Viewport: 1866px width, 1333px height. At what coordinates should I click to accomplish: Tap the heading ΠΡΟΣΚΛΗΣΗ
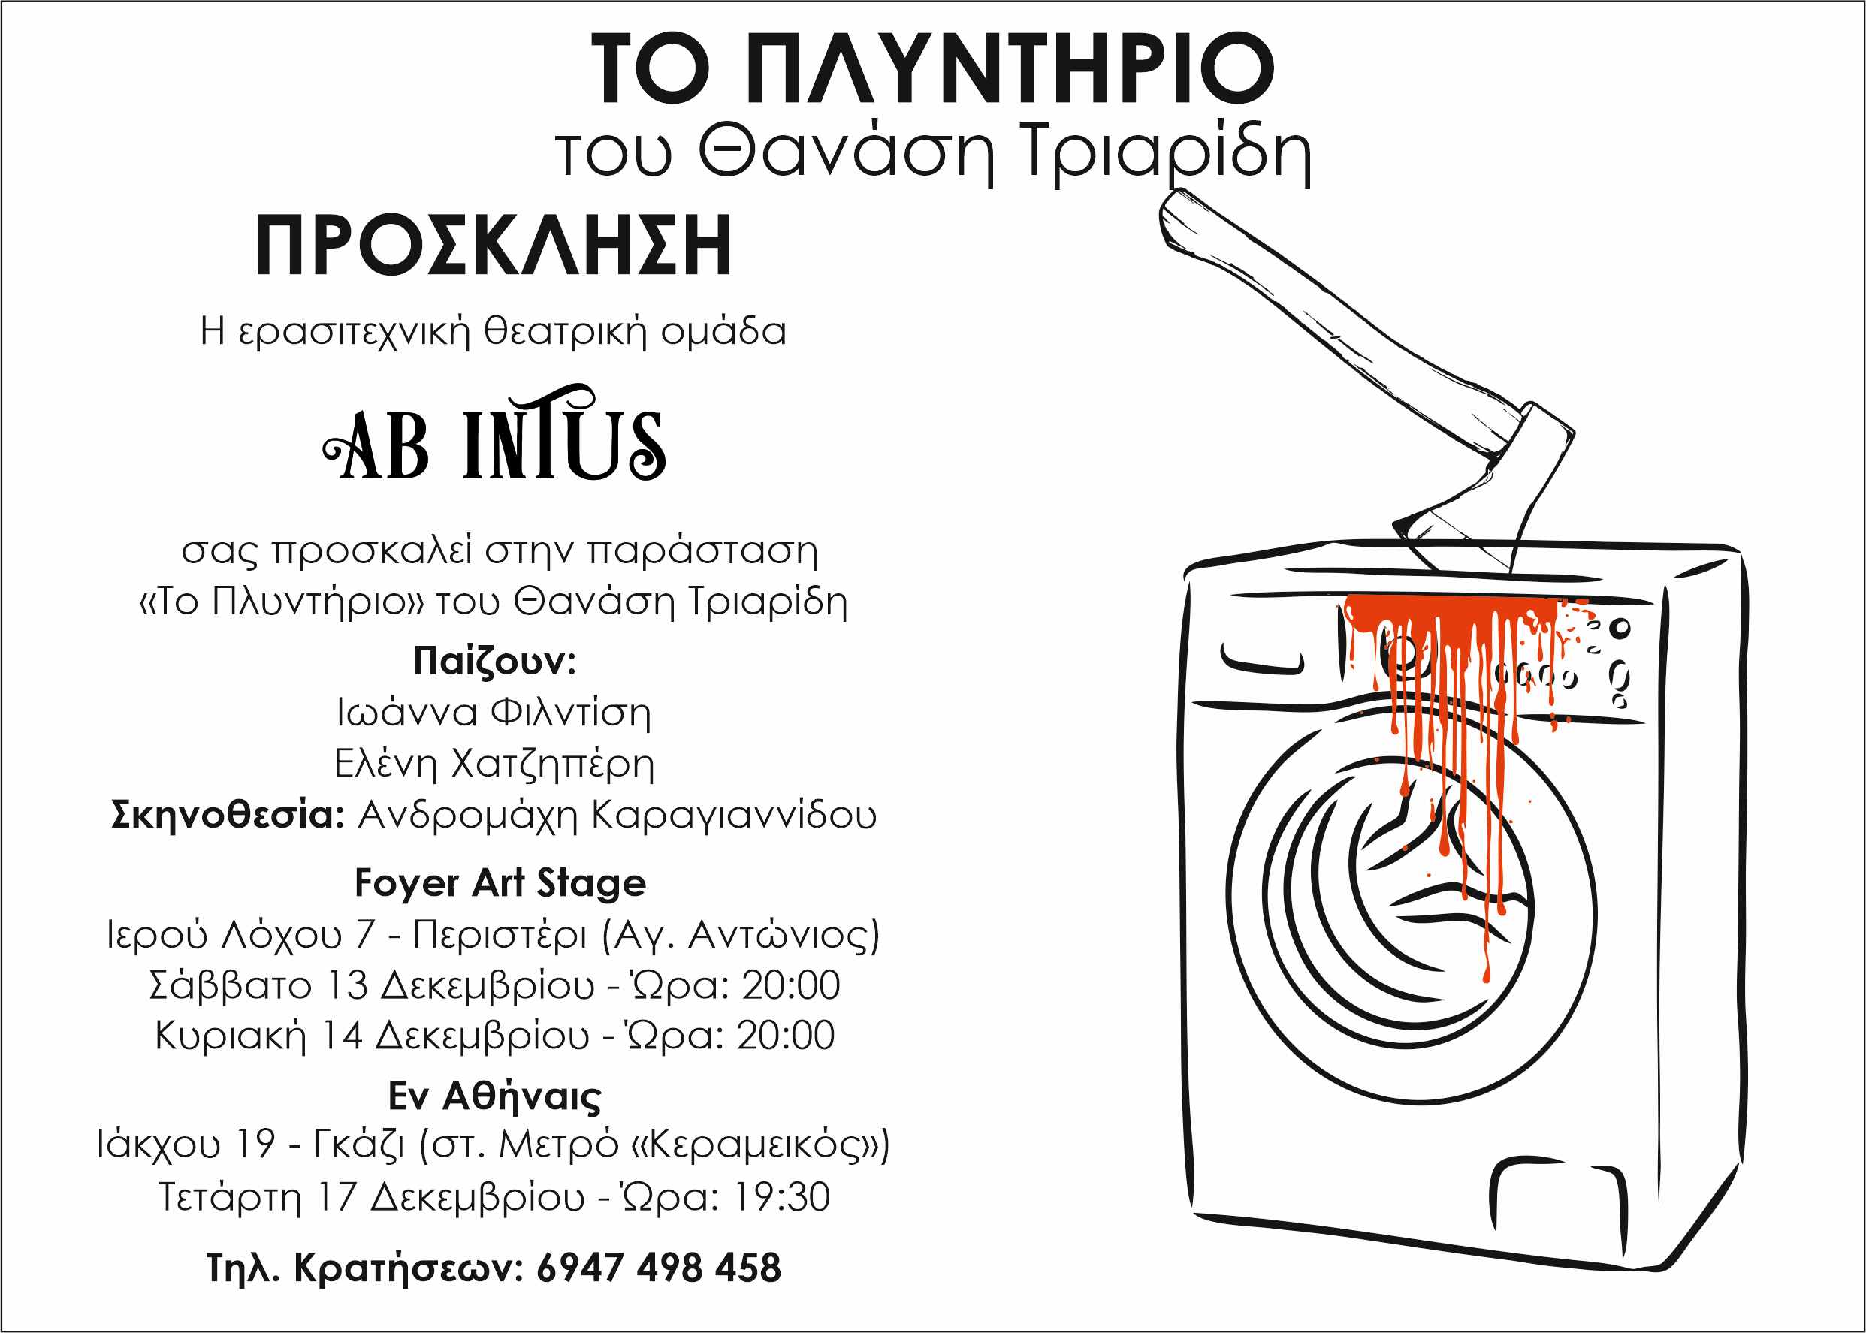tap(494, 246)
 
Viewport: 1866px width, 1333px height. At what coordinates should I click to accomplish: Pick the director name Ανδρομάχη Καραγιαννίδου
tap(617, 815)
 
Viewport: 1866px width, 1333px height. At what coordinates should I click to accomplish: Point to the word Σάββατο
tap(230, 985)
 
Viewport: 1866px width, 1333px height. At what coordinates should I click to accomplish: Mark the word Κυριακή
tap(230, 1036)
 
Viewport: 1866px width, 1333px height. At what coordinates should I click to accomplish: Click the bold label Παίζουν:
tap(494, 661)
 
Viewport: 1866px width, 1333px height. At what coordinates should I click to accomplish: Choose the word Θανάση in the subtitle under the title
tap(846, 152)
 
